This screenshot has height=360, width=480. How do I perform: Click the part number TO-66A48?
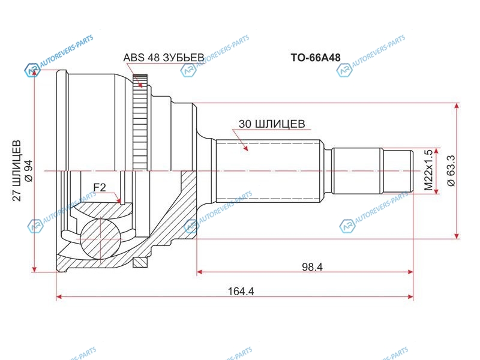[x=316, y=58]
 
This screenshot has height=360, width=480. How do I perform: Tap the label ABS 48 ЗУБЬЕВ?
[x=163, y=58]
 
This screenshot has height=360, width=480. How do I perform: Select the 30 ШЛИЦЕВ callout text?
[x=272, y=124]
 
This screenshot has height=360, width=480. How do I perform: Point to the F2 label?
[x=100, y=187]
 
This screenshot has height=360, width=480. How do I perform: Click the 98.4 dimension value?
[x=312, y=267]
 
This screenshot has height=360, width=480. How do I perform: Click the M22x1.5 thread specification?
[x=429, y=170]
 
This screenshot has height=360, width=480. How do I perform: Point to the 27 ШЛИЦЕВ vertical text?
[x=17, y=170]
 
